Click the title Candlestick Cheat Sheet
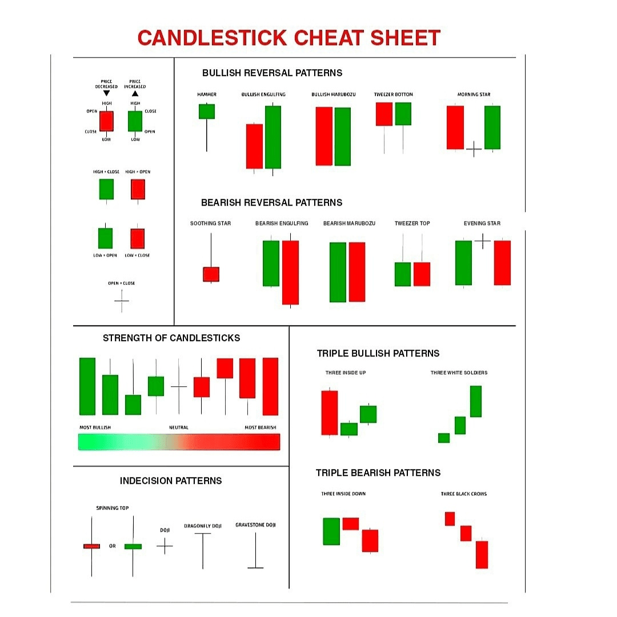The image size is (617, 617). click(x=289, y=38)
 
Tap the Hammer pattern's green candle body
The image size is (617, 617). click(x=206, y=111)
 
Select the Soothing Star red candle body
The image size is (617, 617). click(x=211, y=274)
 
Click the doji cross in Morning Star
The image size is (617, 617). click(x=474, y=150)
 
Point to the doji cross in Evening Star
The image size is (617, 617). click(x=482, y=242)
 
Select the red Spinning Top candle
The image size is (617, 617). click(x=91, y=546)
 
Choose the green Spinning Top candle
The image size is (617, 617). click(x=133, y=546)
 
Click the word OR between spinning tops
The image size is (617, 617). click(x=113, y=546)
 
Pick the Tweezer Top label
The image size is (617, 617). click(x=412, y=223)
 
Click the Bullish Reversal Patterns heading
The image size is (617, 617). click(x=272, y=73)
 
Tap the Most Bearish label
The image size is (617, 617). click(x=261, y=427)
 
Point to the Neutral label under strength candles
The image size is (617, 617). click(x=178, y=427)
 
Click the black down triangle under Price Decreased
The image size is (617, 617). click(x=106, y=93)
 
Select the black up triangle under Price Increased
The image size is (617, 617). click(x=135, y=93)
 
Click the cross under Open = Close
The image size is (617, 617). click(x=122, y=301)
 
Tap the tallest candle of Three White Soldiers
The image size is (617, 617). click(x=475, y=401)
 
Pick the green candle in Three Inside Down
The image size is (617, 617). click(x=331, y=531)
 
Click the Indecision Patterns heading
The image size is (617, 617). click(x=171, y=481)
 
